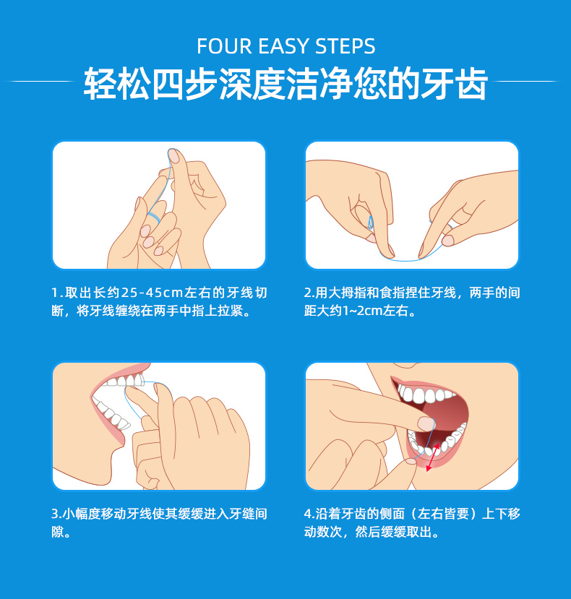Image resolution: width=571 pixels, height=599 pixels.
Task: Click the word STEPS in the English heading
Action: (x=345, y=46)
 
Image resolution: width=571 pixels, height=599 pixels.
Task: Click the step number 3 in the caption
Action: (x=55, y=514)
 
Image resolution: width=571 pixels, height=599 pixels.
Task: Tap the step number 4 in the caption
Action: (x=308, y=514)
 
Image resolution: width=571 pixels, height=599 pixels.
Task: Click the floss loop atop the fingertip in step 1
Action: (x=173, y=155)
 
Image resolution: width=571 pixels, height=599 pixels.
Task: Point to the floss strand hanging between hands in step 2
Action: (x=408, y=257)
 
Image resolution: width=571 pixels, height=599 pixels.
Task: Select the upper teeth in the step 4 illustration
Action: (x=426, y=395)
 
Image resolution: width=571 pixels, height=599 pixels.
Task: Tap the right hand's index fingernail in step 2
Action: (x=448, y=239)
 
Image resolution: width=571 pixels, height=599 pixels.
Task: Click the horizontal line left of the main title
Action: (x=40, y=82)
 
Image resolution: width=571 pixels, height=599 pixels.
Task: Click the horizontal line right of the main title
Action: (x=531, y=82)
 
